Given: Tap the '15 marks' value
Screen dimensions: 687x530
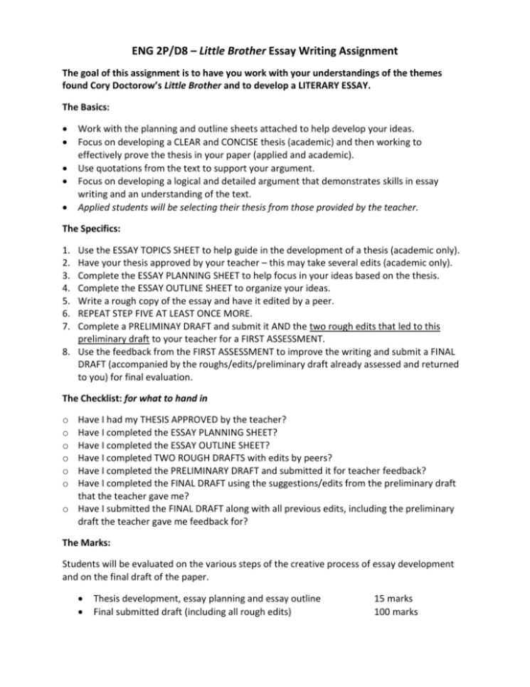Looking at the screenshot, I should pyautogui.click(x=393, y=599).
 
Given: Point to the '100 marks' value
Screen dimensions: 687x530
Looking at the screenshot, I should pyautogui.click(x=396, y=612).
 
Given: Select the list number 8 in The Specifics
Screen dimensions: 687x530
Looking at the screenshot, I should pyautogui.click(x=65, y=351).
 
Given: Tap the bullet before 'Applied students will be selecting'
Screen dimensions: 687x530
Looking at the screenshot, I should pyautogui.click(x=65, y=207).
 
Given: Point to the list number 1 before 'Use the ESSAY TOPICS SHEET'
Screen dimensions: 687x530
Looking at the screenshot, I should pyautogui.click(x=65, y=249).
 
